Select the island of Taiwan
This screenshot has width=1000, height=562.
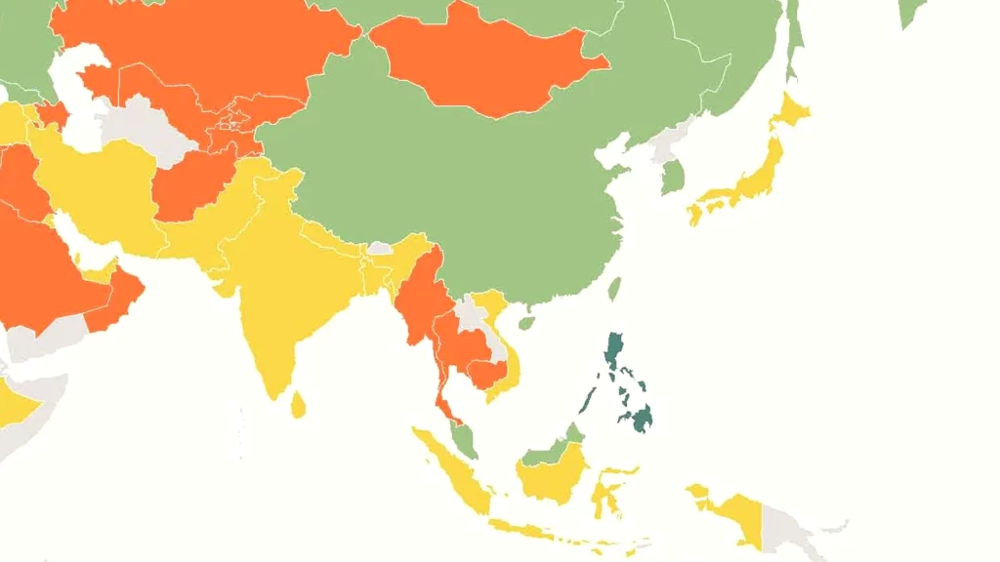(614, 289)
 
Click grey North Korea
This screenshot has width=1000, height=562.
(666, 146)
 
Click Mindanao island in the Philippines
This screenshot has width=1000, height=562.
(642, 419)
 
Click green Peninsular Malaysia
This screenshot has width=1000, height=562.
(466, 440)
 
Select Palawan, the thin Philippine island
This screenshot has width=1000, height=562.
(589, 400)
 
